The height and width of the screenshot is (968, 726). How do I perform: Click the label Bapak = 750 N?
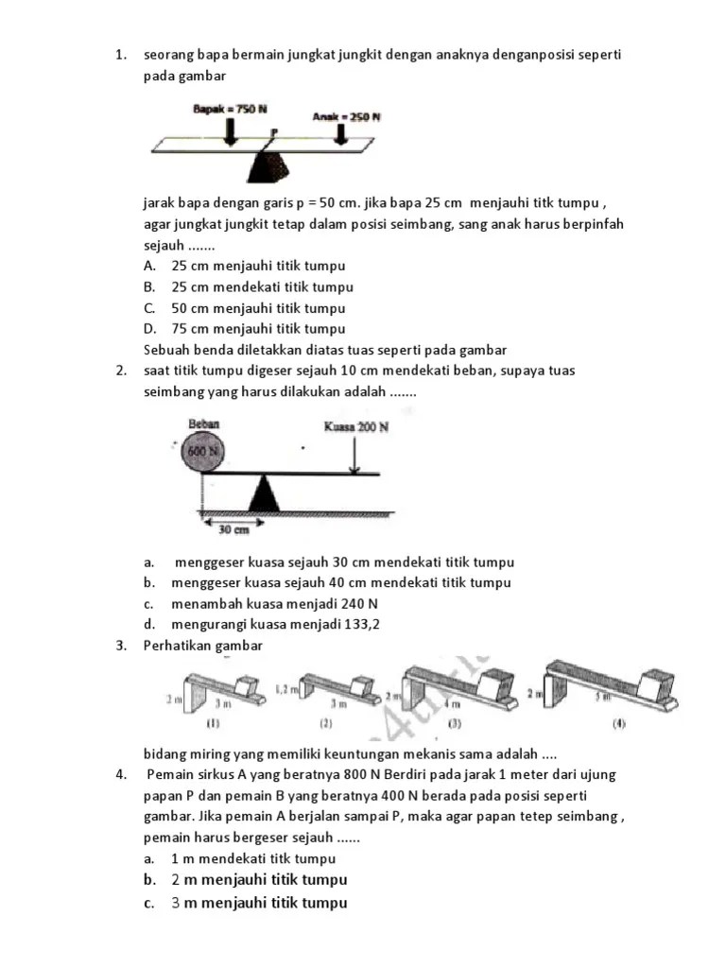230,110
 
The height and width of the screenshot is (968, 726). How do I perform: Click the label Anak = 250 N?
346,117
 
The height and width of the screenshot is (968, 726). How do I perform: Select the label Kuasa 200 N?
356,427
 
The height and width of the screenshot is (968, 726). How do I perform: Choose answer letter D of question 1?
149,329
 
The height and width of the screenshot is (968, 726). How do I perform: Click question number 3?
122,645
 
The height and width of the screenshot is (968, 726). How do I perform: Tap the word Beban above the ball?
203,425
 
